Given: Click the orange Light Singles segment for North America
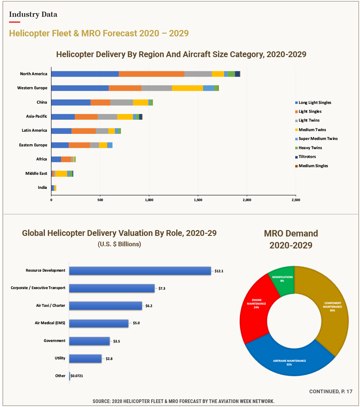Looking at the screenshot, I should click(x=151, y=74).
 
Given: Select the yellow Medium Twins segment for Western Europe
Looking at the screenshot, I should click(x=187, y=88).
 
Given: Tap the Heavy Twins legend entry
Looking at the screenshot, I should click(x=310, y=148).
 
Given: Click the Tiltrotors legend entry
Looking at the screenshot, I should click(x=307, y=157).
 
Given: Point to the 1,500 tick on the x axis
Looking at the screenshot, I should click(x=198, y=200).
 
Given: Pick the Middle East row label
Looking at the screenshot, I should click(x=36, y=174).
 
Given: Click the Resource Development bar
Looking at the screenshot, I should click(x=140, y=271).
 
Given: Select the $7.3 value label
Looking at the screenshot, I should click(x=162, y=288).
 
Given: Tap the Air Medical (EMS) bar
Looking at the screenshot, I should click(x=99, y=323).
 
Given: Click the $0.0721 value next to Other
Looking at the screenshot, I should click(x=77, y=376).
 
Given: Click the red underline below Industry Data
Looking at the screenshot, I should click(x=14, y=22).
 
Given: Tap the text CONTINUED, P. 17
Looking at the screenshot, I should click(x=331, y=391).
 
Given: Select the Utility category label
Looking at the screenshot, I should click(x=60, y=358).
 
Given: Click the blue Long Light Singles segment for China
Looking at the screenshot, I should click(x=71, y=102).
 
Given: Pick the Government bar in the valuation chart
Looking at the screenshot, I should click(x=89, y=341).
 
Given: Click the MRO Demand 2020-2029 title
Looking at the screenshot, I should click(x=291, y=239).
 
